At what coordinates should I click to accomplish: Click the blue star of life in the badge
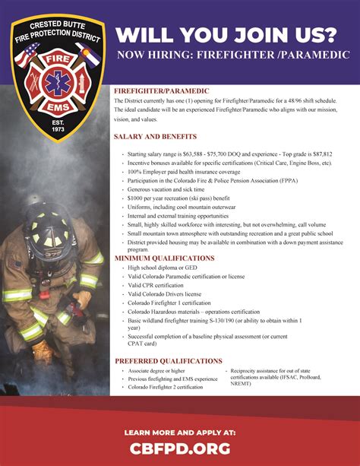click(x=55, y=81)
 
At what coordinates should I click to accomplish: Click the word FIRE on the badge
click(x=55, y=57)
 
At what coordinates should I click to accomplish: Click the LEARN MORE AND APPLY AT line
click(x=180, y=432)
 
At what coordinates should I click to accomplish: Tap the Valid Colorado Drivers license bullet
click(x=164, y=294)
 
